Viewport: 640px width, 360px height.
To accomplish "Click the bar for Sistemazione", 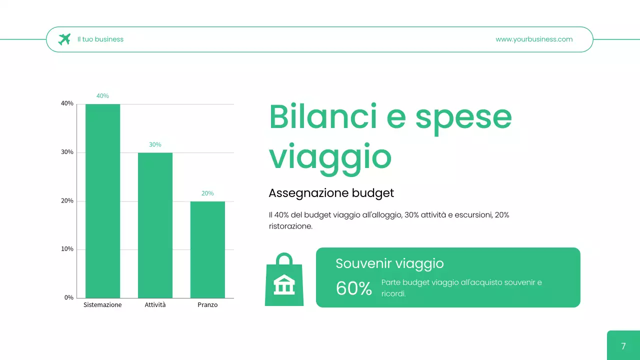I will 102,201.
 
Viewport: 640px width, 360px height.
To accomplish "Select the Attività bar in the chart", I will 155,225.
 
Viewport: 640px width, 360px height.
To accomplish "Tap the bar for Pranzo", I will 207,249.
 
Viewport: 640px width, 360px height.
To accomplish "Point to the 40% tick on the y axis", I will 67,103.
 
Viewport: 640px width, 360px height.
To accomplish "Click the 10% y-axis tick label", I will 67,249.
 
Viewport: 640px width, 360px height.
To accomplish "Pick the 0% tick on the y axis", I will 68,297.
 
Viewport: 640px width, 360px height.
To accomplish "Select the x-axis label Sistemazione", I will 102,305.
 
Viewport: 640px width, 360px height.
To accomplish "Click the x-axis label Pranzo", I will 207,305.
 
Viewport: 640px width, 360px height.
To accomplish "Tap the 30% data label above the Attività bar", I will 155,144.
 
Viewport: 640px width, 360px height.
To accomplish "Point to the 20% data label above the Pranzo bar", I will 207,193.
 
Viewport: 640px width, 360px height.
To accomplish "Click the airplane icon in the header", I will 64,39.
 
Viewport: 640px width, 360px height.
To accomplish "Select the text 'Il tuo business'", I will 100,39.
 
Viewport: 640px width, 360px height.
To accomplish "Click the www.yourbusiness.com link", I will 534,39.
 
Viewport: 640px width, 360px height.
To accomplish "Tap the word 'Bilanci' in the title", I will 323,116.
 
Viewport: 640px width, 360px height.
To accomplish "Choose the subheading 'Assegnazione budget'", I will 331,193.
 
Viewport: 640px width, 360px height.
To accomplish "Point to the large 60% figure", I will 354,288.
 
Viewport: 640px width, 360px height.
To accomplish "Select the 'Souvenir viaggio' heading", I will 389,263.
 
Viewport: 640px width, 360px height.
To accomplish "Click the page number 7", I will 623,346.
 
